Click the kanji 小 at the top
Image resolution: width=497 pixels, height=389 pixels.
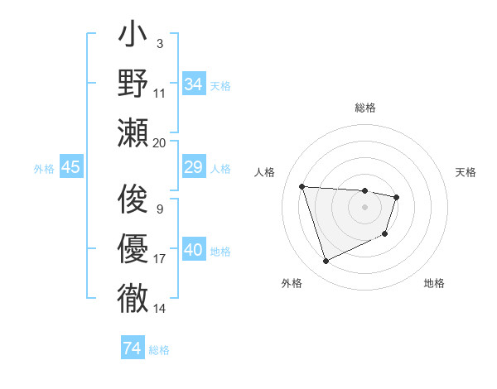133,37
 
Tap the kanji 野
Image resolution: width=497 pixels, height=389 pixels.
133,84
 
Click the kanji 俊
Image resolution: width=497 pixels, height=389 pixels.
133,199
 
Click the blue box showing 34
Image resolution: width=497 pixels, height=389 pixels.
193,84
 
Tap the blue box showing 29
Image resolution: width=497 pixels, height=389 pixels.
193,168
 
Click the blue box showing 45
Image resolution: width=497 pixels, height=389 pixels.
70,168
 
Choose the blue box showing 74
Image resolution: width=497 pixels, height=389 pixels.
132,348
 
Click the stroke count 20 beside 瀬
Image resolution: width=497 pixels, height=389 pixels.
160,143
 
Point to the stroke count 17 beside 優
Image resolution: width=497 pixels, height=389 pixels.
160,259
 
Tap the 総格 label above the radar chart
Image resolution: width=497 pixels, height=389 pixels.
364,108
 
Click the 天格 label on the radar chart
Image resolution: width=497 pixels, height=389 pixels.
466,172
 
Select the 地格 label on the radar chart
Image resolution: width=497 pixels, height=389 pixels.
434,283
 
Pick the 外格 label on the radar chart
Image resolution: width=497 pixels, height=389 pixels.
292,283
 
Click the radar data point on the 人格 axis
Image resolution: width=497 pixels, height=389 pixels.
302,186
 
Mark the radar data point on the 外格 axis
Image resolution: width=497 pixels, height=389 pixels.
326,262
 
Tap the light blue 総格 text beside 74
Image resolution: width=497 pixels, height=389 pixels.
159,349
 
